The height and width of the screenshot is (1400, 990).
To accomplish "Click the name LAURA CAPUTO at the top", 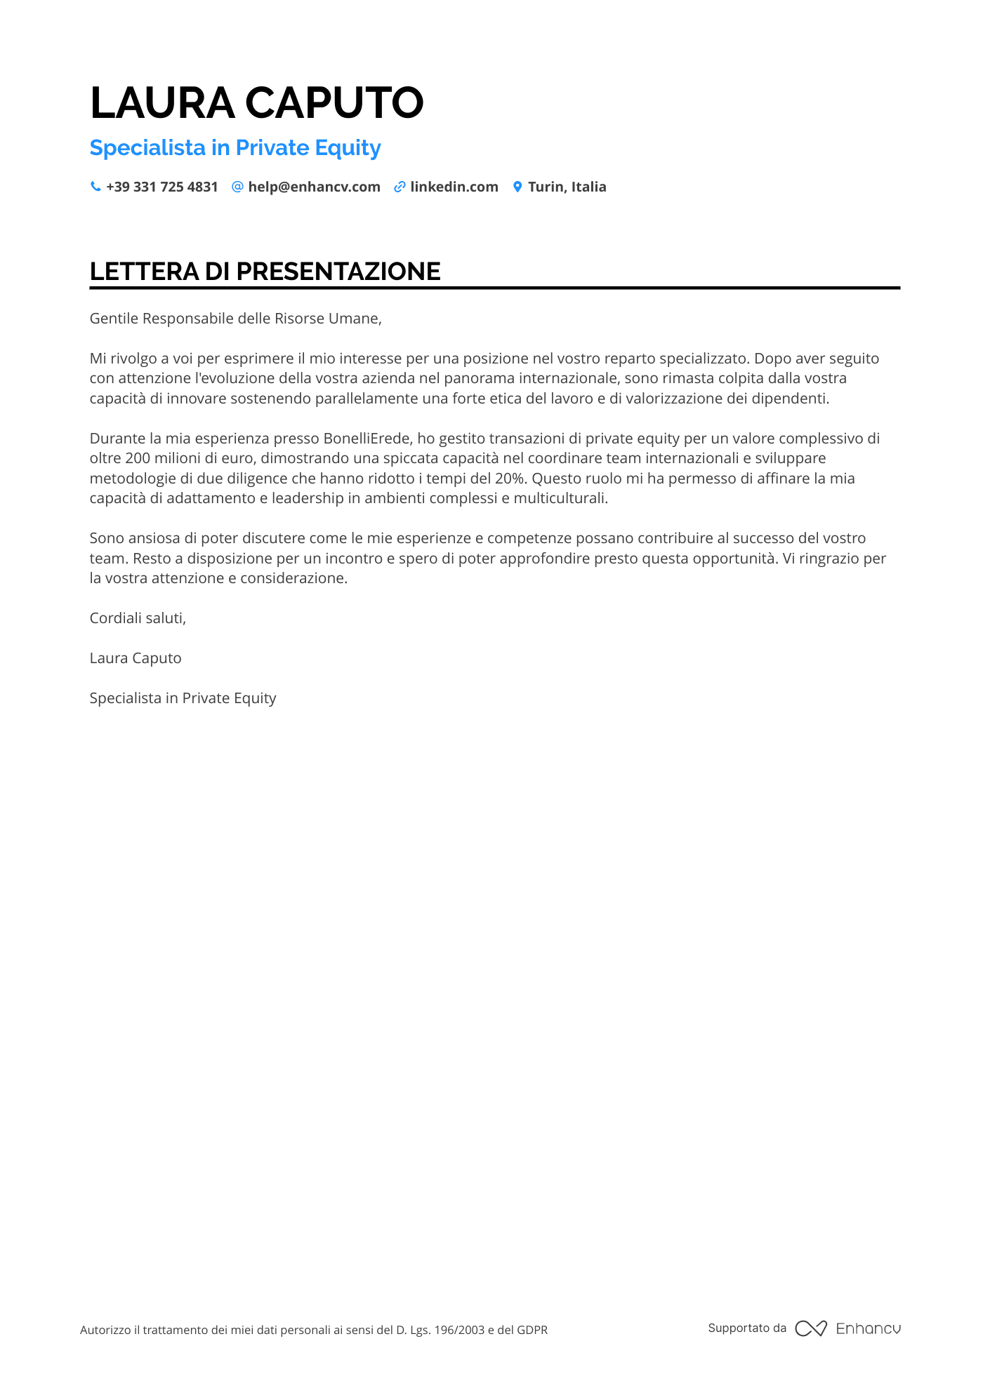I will click(x=256, y=102).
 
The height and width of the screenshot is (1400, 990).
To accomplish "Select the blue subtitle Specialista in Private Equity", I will click(x=235, y=148).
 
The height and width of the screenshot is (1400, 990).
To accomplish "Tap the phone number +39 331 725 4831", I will click(x=161, y=187).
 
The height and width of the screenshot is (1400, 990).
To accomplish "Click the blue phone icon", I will click(x=95, y=187).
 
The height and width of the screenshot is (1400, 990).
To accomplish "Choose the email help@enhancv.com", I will click(x=314, y=187).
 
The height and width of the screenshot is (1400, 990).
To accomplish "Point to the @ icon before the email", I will click(x=237, y=187).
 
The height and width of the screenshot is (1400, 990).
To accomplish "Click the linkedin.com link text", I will click(x=454, y=187).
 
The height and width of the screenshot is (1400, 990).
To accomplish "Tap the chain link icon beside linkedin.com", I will click(x=400, y=187).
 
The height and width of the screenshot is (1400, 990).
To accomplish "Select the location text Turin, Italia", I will click(x=567, y=187).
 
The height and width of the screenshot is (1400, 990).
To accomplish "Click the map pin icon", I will click(x=517, y=187).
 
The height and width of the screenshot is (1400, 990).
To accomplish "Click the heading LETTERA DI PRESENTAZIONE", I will click(x=265, y=272).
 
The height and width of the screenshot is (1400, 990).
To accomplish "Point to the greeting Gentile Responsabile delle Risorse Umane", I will click(x=235, y=319).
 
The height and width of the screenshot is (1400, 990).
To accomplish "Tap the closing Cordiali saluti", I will click(x=138, y=618).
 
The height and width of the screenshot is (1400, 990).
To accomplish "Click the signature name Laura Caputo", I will click(x=136, y=658).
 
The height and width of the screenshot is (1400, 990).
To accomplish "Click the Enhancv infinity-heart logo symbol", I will click(x=811, y=1328).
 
